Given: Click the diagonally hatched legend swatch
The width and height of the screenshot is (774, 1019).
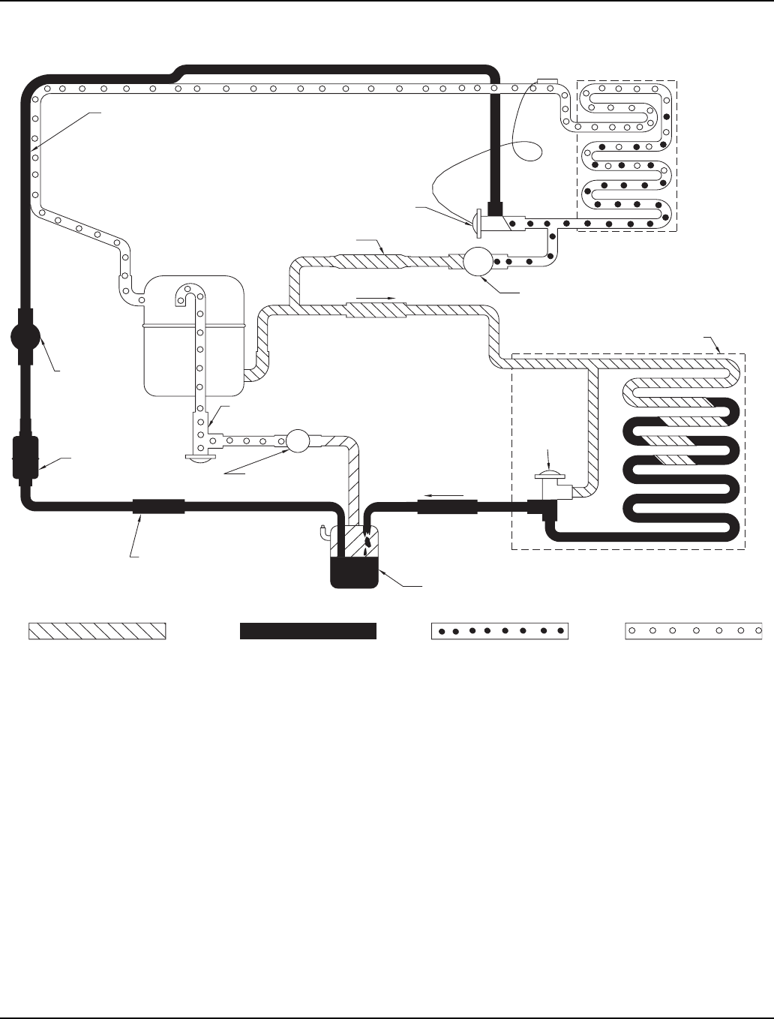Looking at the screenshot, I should click(x=97, y=631).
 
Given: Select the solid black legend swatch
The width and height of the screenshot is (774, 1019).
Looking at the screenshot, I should click(x=307, y=631).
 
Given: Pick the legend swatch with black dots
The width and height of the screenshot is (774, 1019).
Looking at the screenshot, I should click(x=500, y=631).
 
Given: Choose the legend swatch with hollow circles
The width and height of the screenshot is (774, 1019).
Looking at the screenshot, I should click(x=694, y=631).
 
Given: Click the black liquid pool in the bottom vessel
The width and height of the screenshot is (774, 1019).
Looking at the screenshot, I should click(x=353, y=573).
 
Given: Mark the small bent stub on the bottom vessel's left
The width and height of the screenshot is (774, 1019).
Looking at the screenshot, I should click(x=322, y=532).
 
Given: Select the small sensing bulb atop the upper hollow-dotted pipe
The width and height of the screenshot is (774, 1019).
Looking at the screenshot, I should click(x=546, y=81).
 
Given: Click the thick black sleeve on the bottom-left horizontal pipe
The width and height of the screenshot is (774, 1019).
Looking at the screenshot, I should click(x=158, y=506).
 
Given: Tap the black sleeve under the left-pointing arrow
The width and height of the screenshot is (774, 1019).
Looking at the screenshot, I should click(x=447, y=507).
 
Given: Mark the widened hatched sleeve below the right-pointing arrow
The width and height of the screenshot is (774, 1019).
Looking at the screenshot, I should click(x=375, y=310).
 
